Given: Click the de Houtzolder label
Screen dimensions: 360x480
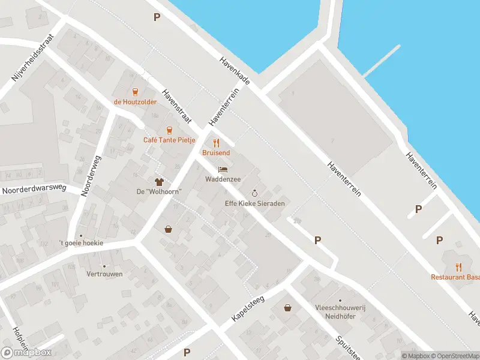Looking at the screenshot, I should click(136, 101).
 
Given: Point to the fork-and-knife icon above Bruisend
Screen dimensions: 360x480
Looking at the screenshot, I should click(217, 143).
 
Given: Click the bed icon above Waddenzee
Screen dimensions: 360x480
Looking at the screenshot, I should click(223, 170).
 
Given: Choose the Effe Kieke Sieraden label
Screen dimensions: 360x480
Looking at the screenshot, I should click(254, 203).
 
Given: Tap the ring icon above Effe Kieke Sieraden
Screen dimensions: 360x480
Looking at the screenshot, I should click(254, 193).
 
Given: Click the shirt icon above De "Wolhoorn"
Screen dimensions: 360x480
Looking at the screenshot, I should click(159, 182).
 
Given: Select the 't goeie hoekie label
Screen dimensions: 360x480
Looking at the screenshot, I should click(82, 243).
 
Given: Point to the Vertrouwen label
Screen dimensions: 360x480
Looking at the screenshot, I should click(104, 274).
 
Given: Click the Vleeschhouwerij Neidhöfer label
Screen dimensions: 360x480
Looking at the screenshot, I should click(340, 311).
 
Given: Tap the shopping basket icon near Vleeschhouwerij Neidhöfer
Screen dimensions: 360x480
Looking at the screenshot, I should click(289, 308).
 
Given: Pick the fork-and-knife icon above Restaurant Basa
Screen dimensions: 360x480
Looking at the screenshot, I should click(459, 266).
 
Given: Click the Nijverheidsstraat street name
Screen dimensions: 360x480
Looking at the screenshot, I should click(32, 58).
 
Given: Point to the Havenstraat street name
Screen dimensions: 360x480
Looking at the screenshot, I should click(176, 107).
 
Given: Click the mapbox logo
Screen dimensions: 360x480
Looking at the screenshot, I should click(26, 353).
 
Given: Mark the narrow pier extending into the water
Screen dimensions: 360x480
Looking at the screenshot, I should click(382, 61).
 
